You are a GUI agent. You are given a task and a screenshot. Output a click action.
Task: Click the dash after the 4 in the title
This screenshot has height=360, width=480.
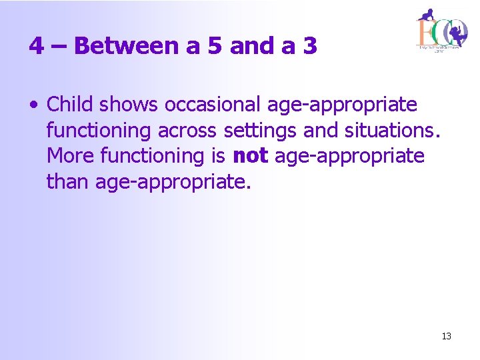56,47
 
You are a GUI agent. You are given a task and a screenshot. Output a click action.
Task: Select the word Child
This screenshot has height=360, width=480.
69,105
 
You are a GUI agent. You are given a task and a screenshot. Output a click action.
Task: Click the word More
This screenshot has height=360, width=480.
71,156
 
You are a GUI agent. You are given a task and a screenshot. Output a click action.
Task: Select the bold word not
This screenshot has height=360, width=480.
250,156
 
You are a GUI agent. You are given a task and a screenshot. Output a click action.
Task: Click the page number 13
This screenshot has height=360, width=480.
446,336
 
